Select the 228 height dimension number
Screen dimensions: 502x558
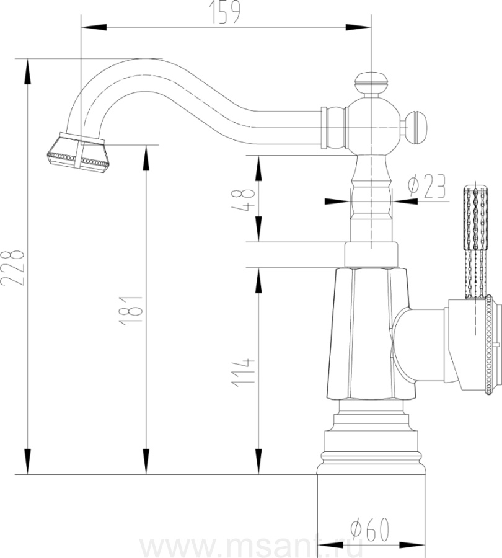(12, 268)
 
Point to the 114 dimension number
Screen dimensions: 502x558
(243, 372)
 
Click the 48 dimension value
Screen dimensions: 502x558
(243, 200)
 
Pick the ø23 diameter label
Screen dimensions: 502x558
(427, 186)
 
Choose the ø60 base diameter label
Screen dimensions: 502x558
(369, 529)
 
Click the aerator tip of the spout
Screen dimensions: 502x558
(78, 153)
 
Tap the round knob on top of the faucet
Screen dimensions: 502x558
(371, 84)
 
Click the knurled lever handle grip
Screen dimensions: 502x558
(475, 242)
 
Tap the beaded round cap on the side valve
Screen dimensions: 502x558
(490, 345)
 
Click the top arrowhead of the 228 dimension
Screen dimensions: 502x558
(27, 71)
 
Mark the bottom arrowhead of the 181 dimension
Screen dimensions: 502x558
(146, 461)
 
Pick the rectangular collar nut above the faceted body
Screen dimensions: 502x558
(371, 255)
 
